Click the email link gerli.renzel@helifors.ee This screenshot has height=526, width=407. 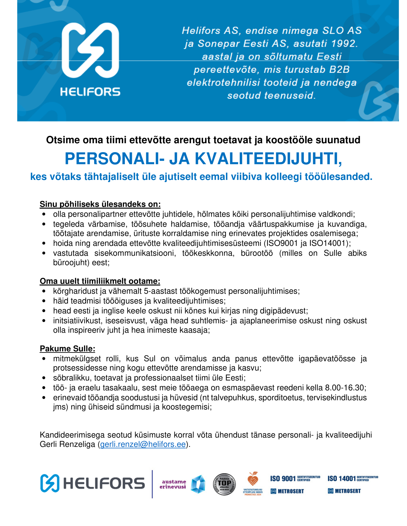143,444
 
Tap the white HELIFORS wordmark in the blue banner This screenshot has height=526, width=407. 90,92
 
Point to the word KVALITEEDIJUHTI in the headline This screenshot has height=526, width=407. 268,159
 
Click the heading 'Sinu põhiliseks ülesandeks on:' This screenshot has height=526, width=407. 100,204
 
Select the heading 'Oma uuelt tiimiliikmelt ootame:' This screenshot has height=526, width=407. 100,281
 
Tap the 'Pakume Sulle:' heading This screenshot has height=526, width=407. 67,348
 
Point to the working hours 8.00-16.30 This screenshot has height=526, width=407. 344,388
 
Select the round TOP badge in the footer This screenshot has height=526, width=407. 224,484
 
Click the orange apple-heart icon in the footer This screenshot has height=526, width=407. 253,479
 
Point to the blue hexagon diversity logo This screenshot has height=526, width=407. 198,484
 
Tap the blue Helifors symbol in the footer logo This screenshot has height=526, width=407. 50,483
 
